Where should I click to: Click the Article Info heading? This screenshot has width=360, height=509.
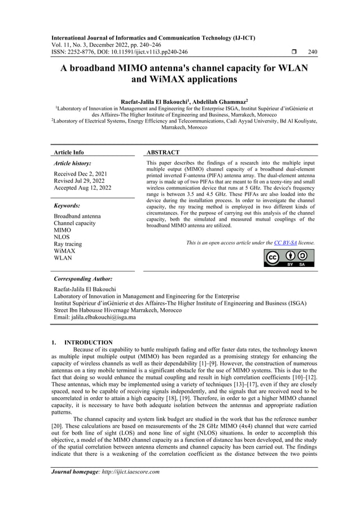(68, 152)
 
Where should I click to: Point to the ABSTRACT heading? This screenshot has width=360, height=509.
(163, 152)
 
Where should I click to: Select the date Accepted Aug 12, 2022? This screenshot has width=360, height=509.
(82, 188)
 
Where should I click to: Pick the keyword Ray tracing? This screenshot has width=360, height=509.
(67, 244)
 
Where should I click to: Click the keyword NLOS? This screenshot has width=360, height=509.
(62, 237)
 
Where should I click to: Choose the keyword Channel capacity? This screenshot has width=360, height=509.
(74, 223)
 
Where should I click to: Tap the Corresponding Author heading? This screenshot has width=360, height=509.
(82, 279)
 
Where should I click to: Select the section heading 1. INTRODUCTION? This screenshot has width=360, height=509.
(82, 343)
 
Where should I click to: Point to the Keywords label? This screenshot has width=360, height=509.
(67, 205)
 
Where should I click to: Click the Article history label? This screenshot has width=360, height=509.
(73, 163)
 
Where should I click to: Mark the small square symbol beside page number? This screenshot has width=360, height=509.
(295, 52)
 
